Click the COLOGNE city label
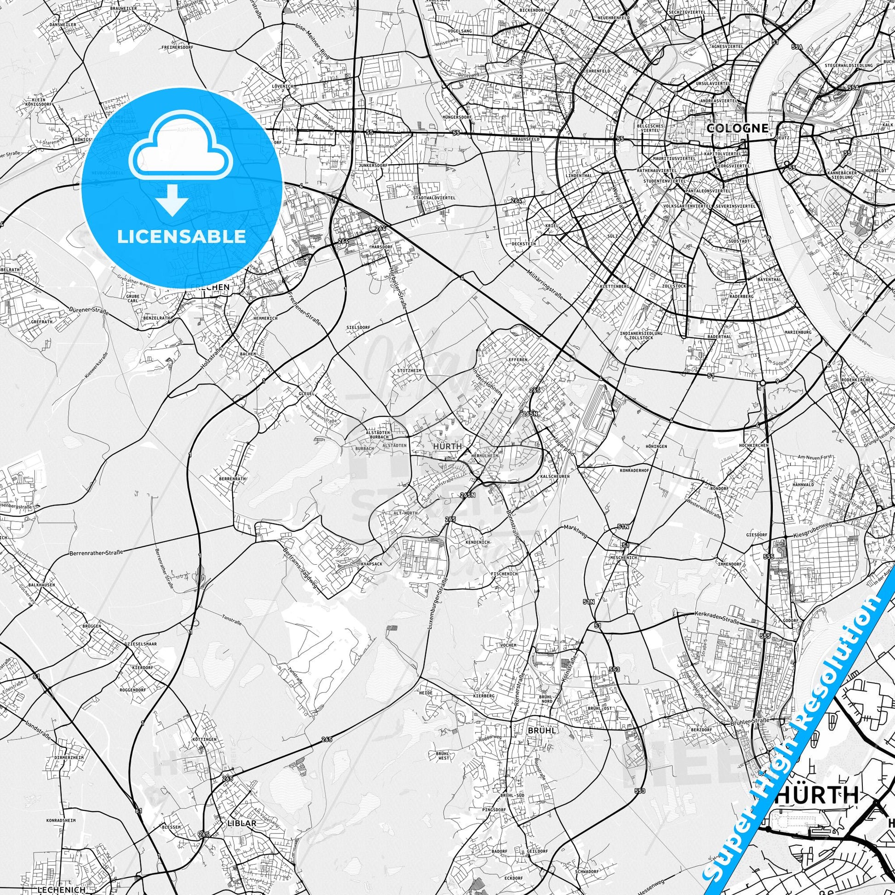730,128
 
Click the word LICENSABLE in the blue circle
181,236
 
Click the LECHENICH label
62,889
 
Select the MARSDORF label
382,247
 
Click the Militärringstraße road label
545,284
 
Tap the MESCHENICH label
624,557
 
